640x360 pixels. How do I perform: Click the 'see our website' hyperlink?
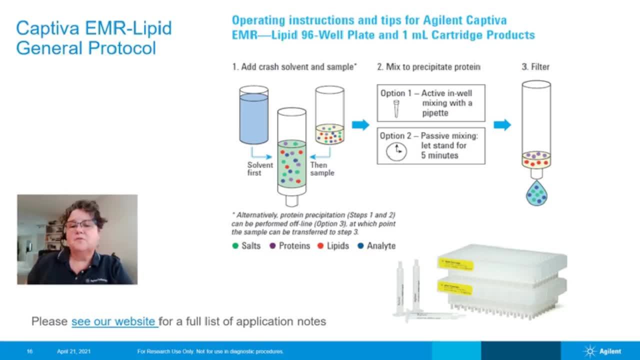[114, 321]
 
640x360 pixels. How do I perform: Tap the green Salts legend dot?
[235, 246]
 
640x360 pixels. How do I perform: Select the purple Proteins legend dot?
[272, 246]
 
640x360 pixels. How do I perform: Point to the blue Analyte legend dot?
[360, 246]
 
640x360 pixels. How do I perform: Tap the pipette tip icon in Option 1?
[396, 108]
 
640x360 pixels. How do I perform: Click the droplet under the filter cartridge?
[536, 193]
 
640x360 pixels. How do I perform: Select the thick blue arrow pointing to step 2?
[360, 125]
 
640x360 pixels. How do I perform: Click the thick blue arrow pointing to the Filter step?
[502, 125]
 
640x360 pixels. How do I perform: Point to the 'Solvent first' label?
[260, 168]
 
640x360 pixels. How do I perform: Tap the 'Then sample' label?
[322, 168]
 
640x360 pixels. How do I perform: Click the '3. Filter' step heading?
[535, 67]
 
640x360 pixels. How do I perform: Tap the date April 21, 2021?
[74, 351]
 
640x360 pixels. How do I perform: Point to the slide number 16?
[29, 351]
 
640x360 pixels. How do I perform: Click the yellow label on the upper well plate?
[455, 263]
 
